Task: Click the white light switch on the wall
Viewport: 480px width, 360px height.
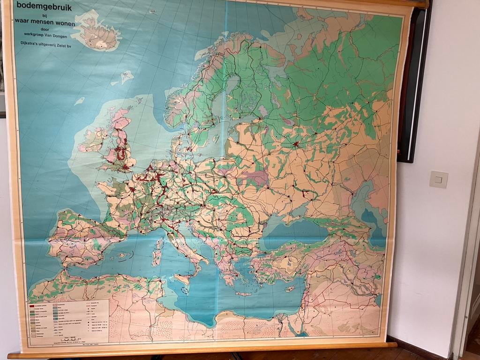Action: coord(438,180)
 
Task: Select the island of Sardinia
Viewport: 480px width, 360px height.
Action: coord(156,257)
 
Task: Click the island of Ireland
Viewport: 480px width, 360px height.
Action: coord(93,140)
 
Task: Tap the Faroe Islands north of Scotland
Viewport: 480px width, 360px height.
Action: coord(126,76)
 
